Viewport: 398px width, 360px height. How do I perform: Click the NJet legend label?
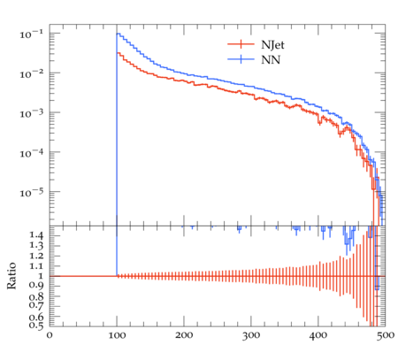click(x=272, y=45)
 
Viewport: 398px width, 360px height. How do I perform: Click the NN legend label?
click(x=271, y=60)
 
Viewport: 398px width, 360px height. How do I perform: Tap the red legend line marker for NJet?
click(x=241, y=44)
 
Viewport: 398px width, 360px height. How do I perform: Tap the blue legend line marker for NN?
click(x=241, y=59)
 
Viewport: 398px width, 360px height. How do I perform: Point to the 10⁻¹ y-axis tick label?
click(x=32, y=34)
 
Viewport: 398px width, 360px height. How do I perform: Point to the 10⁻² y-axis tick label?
click(x=32, y=73)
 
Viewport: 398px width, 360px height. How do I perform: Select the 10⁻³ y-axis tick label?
click(x=32, y=113)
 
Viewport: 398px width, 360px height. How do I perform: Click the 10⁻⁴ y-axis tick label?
click(x=32, y=153)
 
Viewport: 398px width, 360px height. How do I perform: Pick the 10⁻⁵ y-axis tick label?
click(x=32, y=193)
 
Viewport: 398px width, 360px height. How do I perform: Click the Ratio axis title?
click(x=11, y=276)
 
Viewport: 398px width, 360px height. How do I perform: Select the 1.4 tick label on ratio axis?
click(x=36, y=235)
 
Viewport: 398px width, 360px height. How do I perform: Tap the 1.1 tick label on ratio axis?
click(x=36, y=266)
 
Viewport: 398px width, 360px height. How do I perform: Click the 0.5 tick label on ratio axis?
click(x=36, y=326)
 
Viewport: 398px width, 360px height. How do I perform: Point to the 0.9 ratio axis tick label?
click(x=36, y=286)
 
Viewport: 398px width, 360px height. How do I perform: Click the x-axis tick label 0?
click(x=50, y=335)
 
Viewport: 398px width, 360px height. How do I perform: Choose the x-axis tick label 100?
click(x=117, y=335)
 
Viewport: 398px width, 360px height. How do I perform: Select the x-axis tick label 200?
click(x=184, y=335)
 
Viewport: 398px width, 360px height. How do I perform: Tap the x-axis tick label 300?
click(x=251, y=335)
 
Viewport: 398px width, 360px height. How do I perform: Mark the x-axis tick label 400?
click(x=318, y=335)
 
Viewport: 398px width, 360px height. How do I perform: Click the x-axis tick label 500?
click(x=386, y=335)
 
